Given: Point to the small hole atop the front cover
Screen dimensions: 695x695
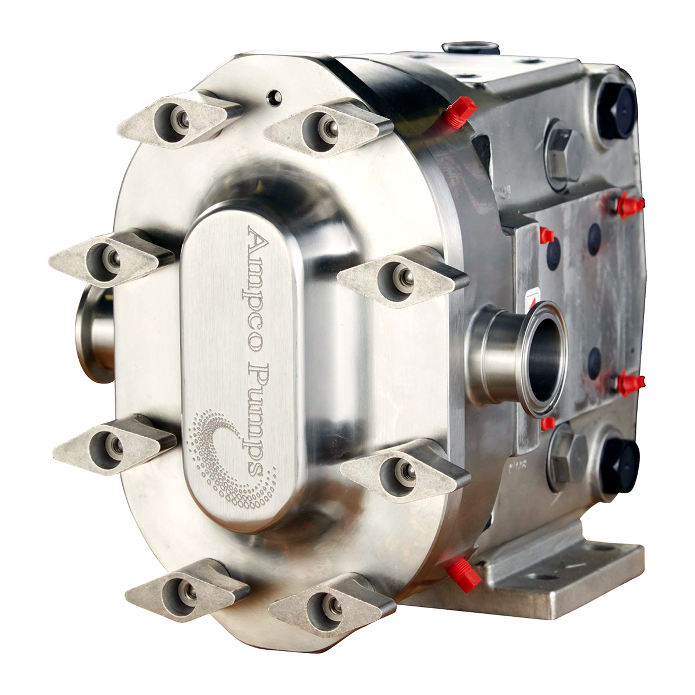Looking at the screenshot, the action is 275,97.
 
